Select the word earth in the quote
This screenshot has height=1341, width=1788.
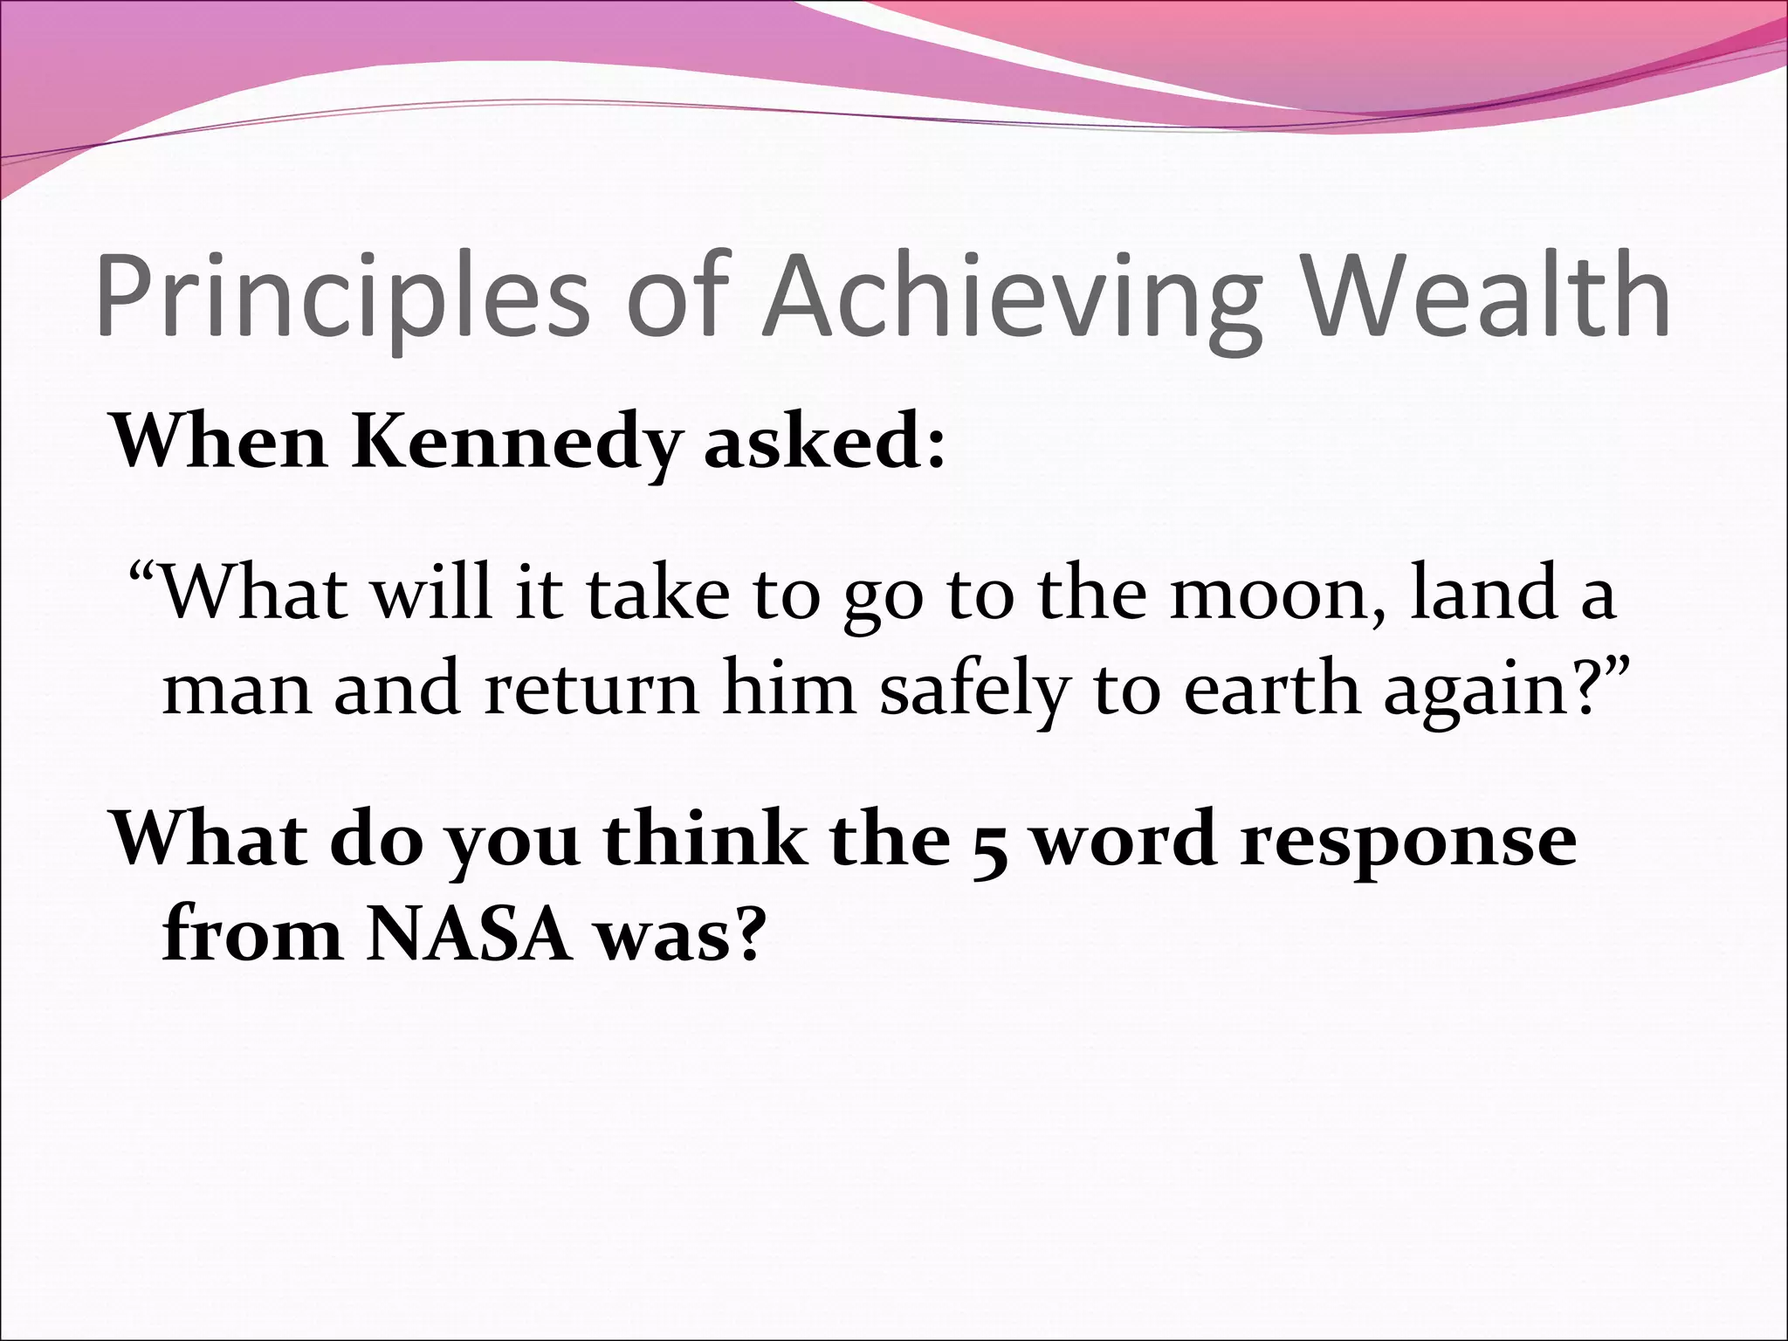[1271, 690]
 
